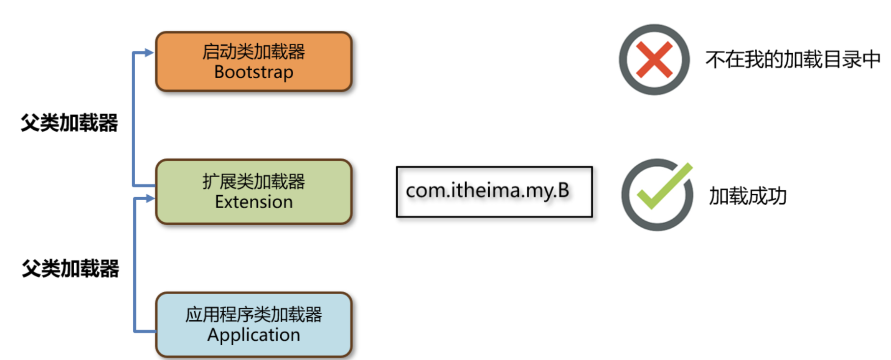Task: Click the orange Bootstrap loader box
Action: [x=254, y=61]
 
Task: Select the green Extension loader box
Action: [x=254, y=192]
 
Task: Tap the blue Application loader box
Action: [x=254, y=325]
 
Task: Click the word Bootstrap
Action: [x=254, y=72]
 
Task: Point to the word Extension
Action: [x=254, y=202]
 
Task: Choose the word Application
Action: [x=254, y=335]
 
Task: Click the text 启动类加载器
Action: [x=254, y=51]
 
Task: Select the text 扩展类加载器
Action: [x=254, y=181]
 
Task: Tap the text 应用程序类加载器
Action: [x=254, y=314]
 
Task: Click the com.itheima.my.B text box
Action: [x=494, y=192]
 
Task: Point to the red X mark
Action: [x=654, y=60]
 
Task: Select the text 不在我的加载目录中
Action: [x=793, y=60]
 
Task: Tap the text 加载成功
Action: [x=747, y=196]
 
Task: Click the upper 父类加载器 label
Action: [x=69, y=122]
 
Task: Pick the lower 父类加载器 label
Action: [x=70, y=269]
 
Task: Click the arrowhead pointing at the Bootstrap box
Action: [x=149, y=53]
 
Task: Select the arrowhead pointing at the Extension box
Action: [x=150, y=198]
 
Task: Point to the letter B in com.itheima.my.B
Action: [x=564, y=190]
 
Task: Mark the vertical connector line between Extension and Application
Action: [x=135, y=266]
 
